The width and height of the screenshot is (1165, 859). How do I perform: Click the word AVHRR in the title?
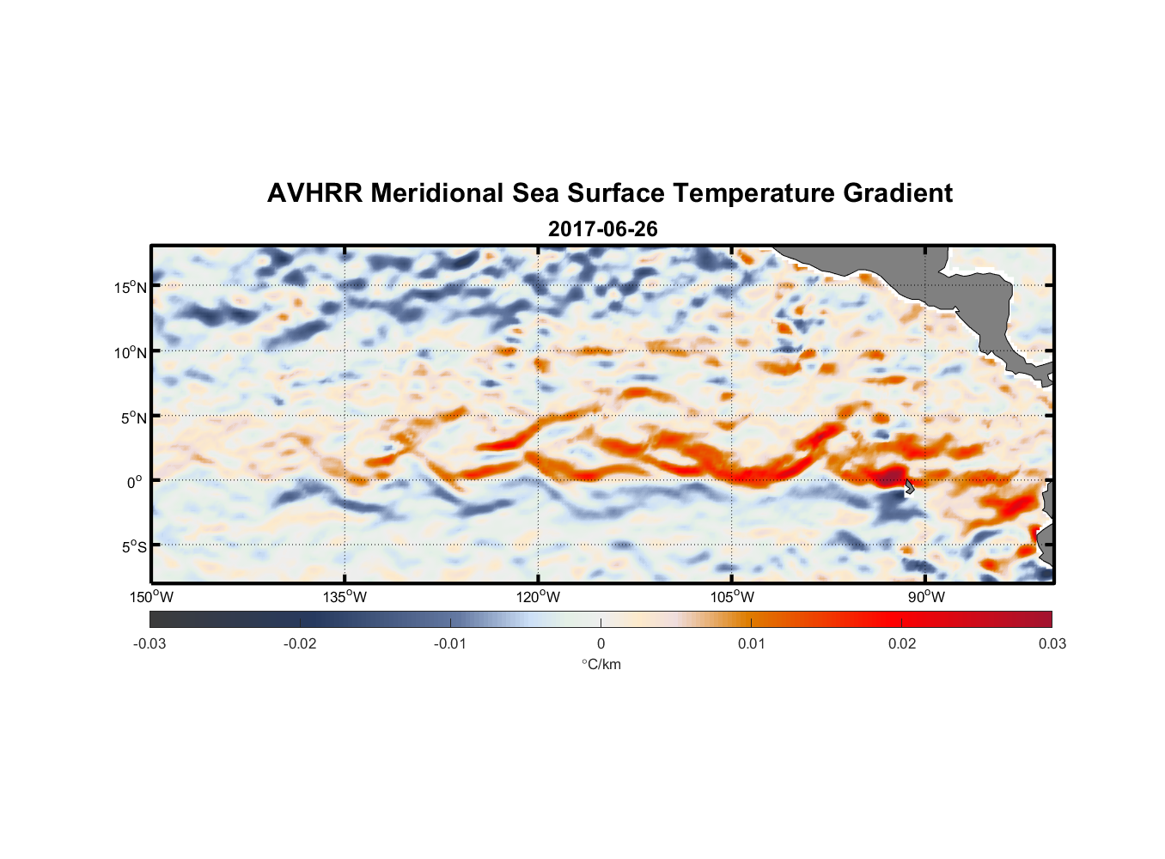(x=314, y=193)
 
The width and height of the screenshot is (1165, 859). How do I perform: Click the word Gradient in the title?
(x=897, y=193)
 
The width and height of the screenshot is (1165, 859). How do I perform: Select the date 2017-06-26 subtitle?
(x=602, y=229)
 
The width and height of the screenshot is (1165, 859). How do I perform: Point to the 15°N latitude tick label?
(x=131, y=287)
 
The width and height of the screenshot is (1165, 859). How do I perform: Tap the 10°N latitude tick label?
(x=131, y=352)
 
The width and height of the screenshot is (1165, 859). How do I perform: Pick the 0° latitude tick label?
(x=135, y=482)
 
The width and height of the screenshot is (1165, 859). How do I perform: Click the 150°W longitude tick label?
(x=151, y=597)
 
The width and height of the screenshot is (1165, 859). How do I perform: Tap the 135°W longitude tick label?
(x=345, y=597)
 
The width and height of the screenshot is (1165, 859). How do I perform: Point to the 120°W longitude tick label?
(x=538, y=597)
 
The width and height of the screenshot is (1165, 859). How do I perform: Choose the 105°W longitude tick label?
(x=732, y=597)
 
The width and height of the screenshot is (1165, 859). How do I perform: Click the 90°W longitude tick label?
(x=926, y=597)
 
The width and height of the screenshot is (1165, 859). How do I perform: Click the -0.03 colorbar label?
(x=149, y=643)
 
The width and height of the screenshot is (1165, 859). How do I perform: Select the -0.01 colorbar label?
(x=449, y=643)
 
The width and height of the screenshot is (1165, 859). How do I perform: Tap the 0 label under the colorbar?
(x=601, y=643)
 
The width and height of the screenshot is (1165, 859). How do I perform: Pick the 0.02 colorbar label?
(x=902, y=643)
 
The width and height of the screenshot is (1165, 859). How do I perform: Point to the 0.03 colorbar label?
(x=1052, y=643)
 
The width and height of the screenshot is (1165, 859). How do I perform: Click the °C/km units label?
(x=601, y=664)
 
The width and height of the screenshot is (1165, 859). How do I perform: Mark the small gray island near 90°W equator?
(x=909, y=486)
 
